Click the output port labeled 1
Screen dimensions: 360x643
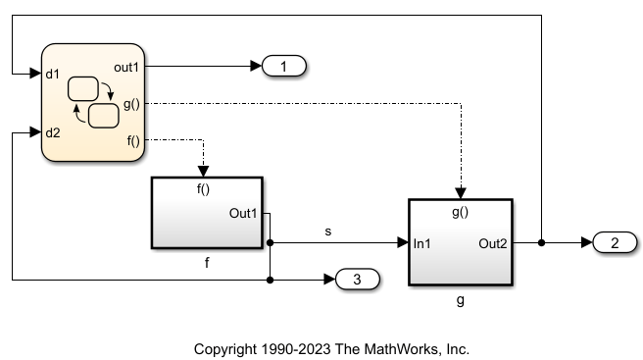(x=284, y=66)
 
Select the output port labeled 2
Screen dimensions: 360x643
(x=616, y=242)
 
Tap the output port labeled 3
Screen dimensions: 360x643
(x=358, y=281)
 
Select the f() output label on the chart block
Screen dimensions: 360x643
(x=134, y=139)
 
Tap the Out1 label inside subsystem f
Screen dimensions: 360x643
(x=245, y=213)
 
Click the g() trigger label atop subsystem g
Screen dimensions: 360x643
(x=461, y=210)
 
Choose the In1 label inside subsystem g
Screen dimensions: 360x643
(x=424, y=242)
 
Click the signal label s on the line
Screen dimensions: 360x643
(x=328, y=231)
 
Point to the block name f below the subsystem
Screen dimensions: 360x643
(x=207, y=262)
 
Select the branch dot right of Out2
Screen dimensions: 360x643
(x=541, y=242)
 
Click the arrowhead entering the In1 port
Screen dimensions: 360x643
(x=402, y=242)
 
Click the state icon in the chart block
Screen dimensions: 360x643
(x=95, y=102)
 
